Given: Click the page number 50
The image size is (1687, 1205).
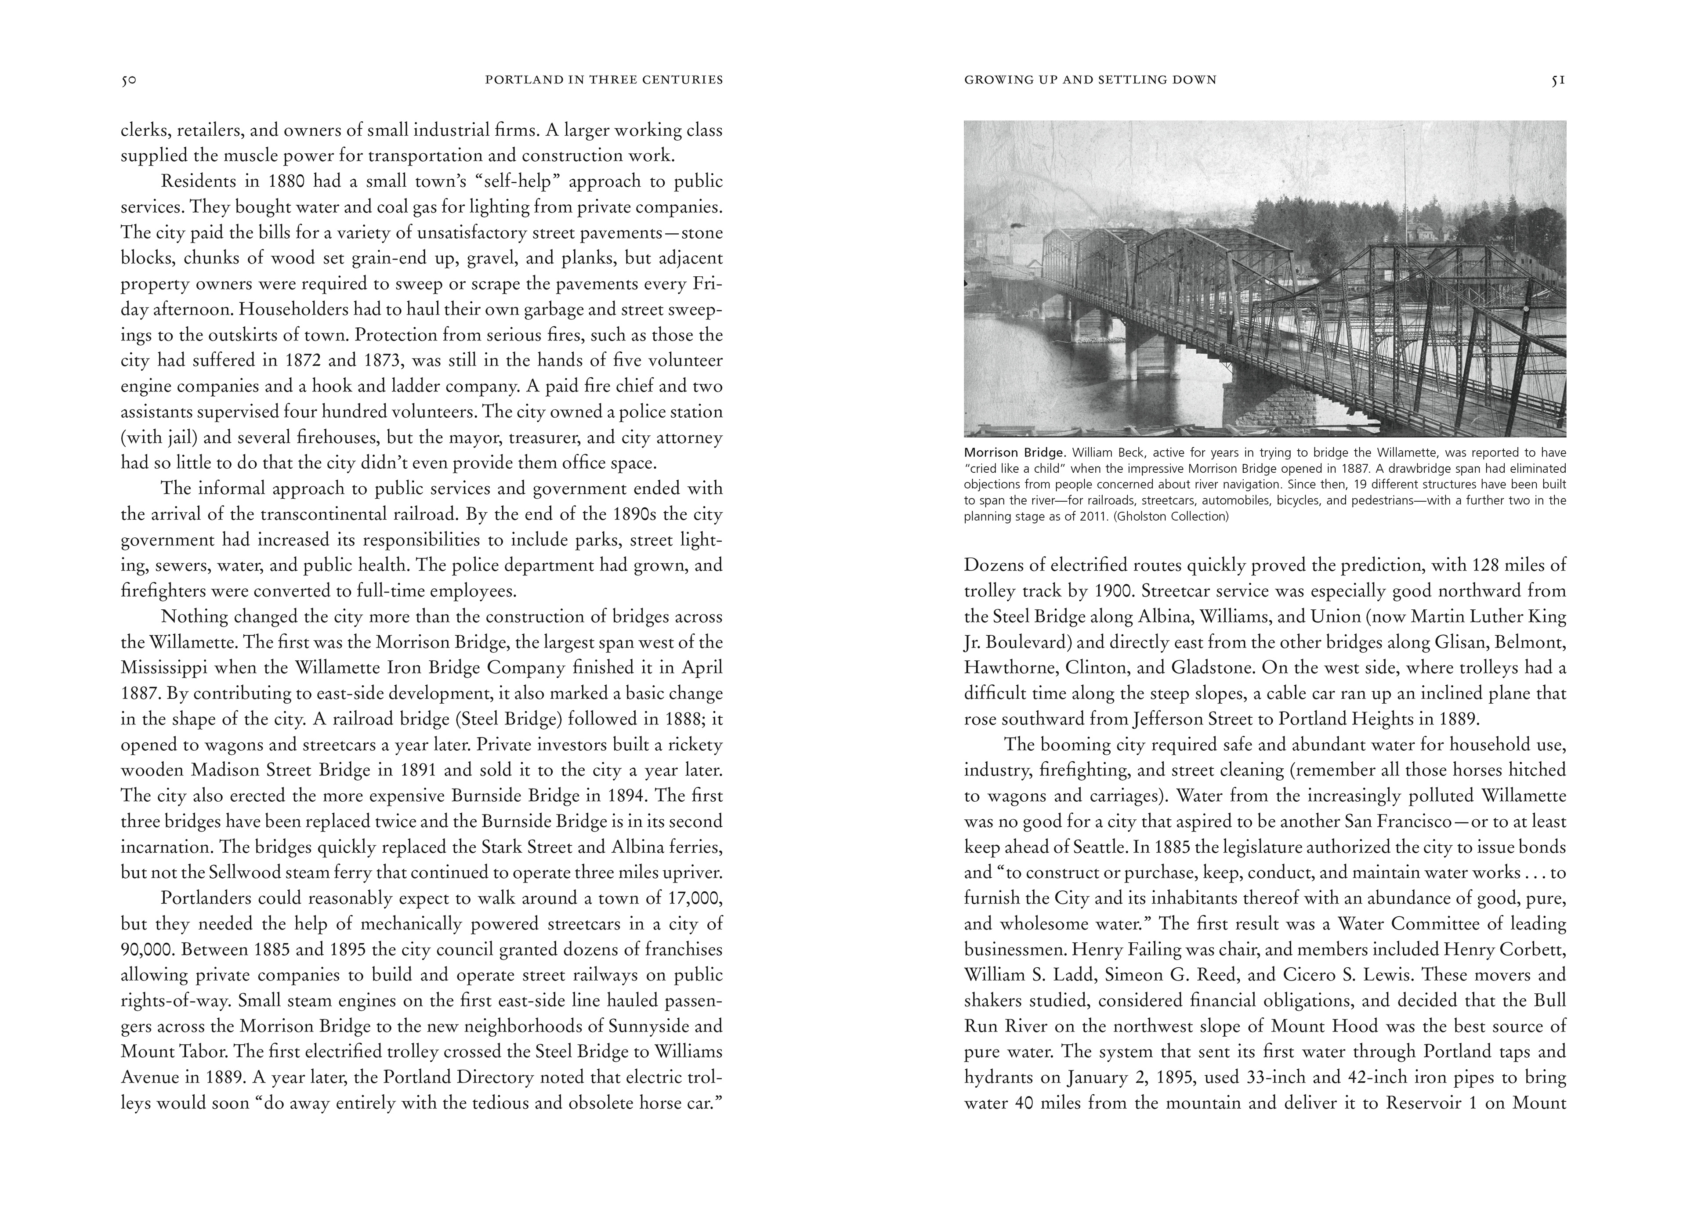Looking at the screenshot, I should (128, 80).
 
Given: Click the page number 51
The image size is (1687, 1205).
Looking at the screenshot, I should (1558, 80).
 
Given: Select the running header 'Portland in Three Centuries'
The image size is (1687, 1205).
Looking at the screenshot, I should (604, 80).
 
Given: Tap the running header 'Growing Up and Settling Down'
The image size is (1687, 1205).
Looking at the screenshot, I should (1090, 80).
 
